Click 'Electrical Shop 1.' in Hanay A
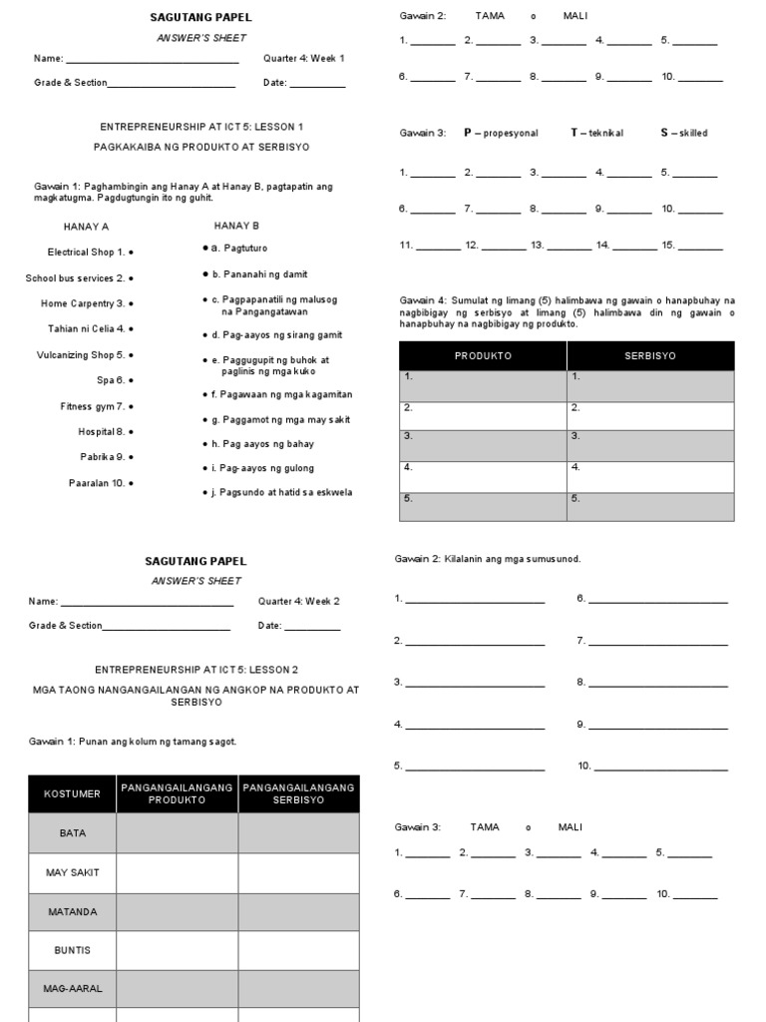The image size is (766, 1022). coord(86,253)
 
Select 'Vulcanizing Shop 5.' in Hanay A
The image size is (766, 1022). coord(81,354)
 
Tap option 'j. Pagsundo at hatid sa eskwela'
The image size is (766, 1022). coord(282,492)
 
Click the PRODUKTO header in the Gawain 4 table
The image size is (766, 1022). coord(483,355)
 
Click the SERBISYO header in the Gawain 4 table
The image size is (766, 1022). coord(650,355)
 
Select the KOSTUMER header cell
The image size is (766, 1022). coord(73,793)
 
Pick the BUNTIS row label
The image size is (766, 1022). coord(73,950)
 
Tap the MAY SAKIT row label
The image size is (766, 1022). coord(73,872)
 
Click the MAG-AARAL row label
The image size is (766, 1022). coord(73,988)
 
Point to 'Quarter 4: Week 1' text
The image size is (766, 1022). coord(303,58)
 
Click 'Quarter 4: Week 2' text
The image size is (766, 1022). coord(298,601)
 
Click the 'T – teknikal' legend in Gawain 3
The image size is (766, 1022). coord(596,133)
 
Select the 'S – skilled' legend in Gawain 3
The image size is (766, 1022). coord(683,133)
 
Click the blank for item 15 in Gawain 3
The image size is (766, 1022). coord(701,246)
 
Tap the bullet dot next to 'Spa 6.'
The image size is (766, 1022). coord(132,380)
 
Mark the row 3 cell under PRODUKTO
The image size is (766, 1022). coord(483,445)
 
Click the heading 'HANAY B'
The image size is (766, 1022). coord(236,227)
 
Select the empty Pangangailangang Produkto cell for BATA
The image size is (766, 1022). coord(178,832)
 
